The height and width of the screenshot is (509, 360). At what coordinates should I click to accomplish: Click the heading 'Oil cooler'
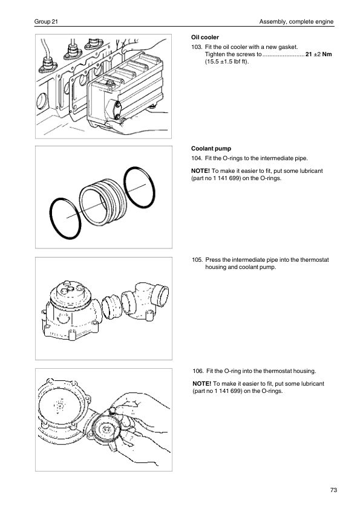pos(205,37)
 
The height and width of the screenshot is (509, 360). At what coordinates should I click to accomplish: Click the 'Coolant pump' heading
pos(211,149)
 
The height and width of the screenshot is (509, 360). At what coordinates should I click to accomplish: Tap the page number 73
pos(333,490)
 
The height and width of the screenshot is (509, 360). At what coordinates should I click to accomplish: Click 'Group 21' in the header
pos(46,22)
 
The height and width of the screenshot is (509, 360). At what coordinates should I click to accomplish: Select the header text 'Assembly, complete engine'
pos(296,22)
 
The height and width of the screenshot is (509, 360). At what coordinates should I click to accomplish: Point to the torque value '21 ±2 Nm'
pos(319,54)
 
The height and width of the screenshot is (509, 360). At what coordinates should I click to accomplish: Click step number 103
pos(197,47)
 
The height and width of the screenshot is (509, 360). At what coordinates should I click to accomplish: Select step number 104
pos(197,158)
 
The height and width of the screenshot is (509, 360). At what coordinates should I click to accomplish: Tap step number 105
pos(197,260)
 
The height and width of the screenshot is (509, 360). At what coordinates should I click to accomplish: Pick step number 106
pos(198,371)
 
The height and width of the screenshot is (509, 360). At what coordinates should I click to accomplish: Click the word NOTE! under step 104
pos(200,170)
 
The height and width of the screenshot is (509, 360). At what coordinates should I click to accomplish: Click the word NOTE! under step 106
pos(201,384)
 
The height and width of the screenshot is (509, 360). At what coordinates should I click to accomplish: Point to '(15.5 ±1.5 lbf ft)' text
pos(227,62)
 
